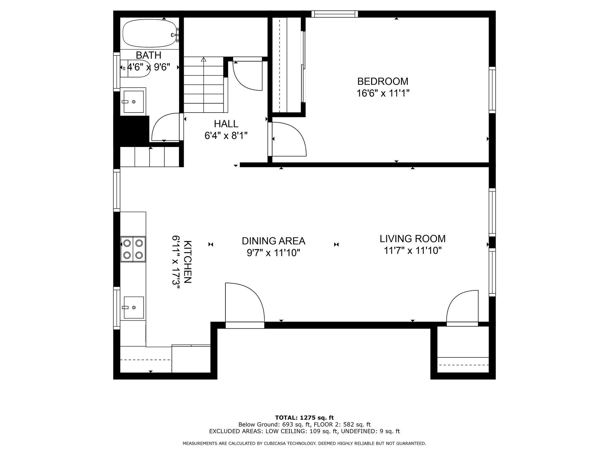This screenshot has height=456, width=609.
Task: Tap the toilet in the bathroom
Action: point(135,68)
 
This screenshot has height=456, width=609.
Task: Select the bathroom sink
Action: point(134,102)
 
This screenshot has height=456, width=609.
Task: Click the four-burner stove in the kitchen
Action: point(133,249)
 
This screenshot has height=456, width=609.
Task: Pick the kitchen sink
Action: point(134,307)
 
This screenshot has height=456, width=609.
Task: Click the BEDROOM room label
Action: point(383,81)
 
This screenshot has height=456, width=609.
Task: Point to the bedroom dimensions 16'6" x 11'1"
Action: point(383,94)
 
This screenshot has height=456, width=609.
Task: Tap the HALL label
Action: point(226,123)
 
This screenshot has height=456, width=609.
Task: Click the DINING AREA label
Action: point(274,241)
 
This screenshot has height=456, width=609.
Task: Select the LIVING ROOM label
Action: point(413,239)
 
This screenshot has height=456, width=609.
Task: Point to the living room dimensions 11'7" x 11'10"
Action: point(413,251)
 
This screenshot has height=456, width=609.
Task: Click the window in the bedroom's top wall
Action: point(335,14)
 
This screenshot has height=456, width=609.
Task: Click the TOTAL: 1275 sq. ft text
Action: point(304,418)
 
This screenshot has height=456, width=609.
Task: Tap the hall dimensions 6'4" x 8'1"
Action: point(226,136)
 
